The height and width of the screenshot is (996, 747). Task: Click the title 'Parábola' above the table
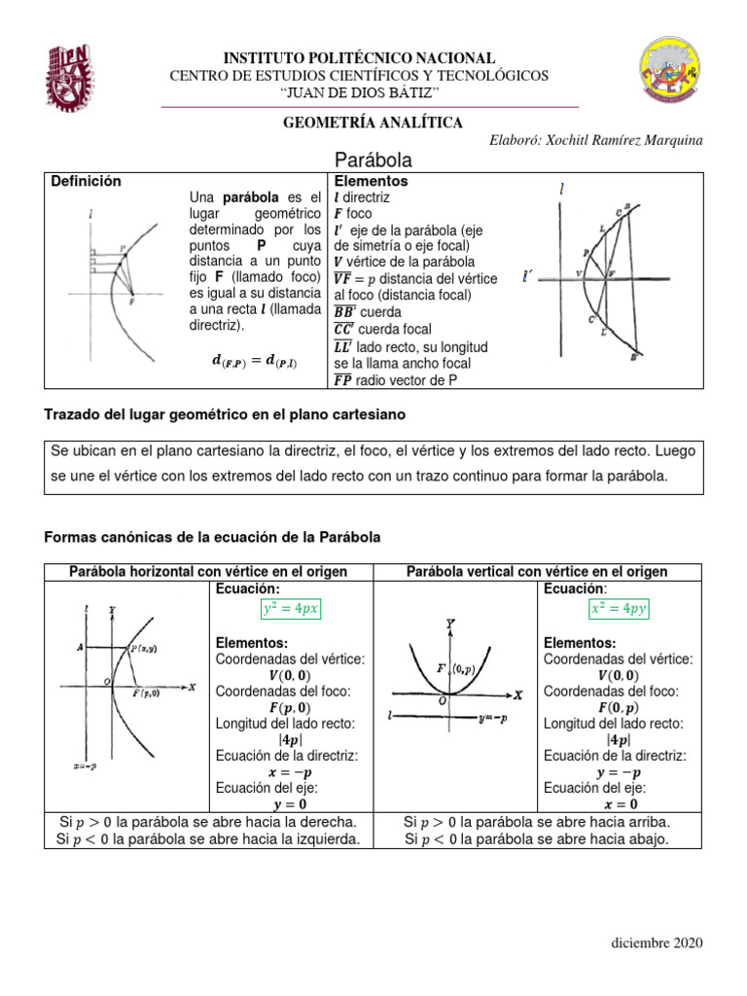tap(373, 160)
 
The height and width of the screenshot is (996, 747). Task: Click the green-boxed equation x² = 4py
tap(619, 609)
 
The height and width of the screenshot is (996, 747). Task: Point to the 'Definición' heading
tap(86, 181)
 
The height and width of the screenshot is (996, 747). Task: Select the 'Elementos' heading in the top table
tap(371, 181)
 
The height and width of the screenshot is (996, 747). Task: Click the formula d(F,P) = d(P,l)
tap(255, 362)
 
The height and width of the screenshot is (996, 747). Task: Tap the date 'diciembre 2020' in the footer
tap(656, 943)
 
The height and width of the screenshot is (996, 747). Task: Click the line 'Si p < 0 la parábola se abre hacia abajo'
tap(537, 838)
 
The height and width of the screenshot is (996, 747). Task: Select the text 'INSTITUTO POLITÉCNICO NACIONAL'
tap(360, 58)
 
